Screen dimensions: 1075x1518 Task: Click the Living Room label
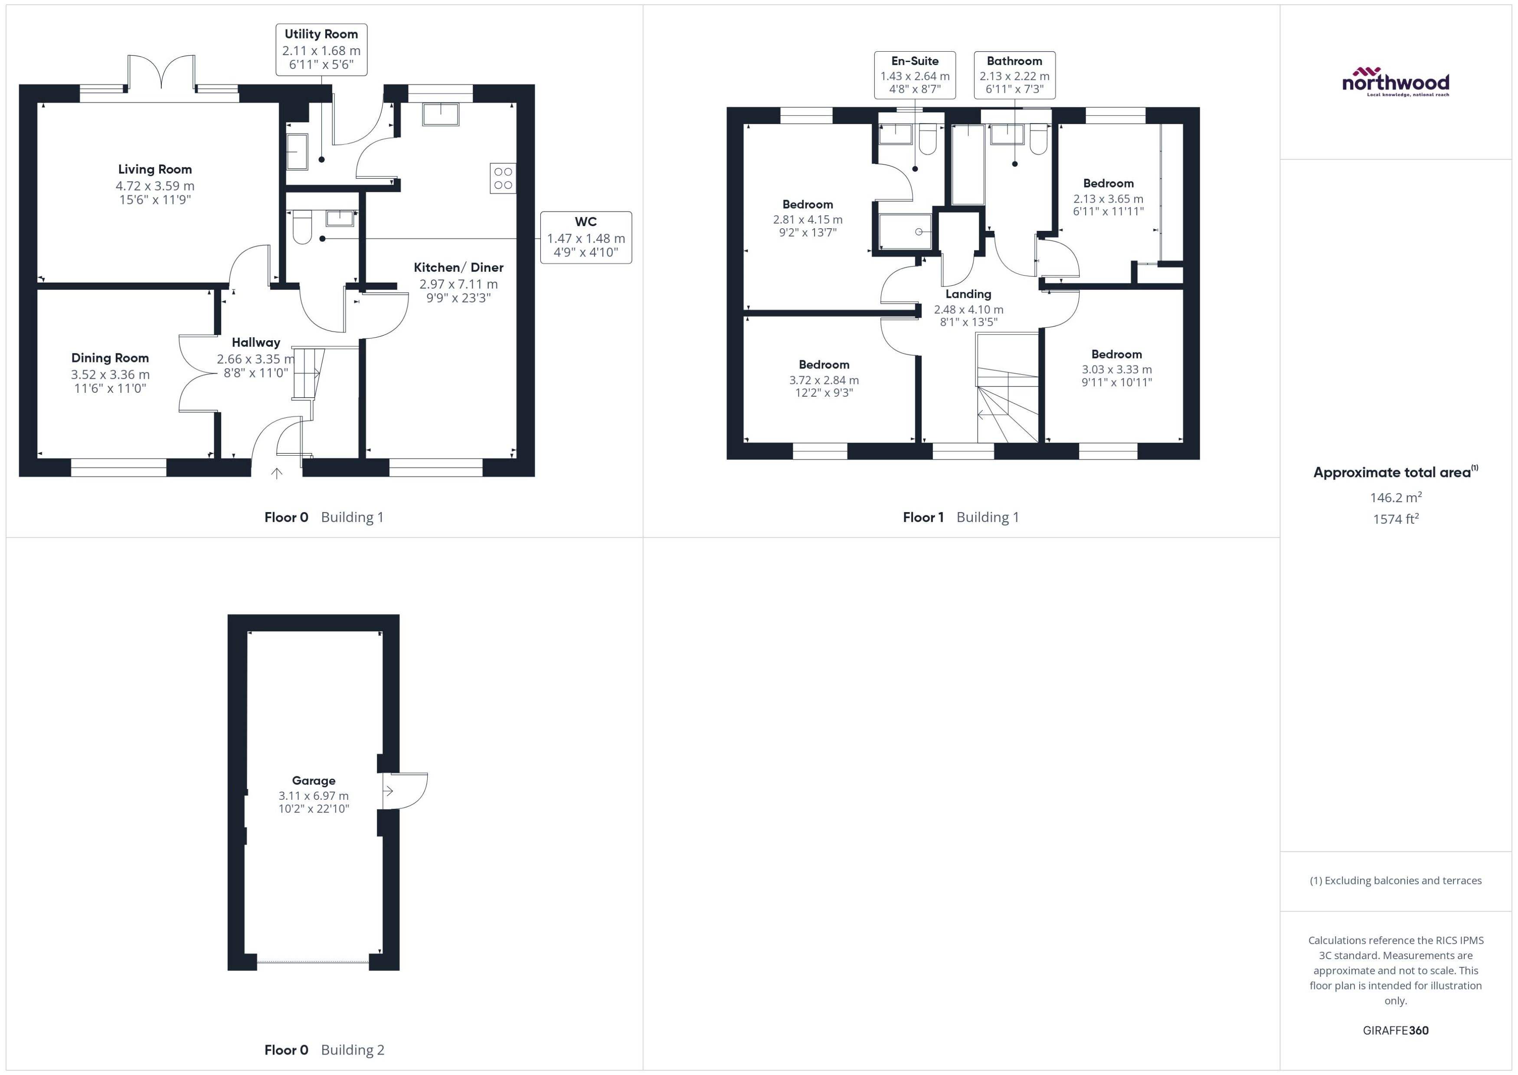[155, 169]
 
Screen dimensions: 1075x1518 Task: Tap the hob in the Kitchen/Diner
[503, 178]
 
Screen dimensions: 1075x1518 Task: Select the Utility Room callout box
[321, 49]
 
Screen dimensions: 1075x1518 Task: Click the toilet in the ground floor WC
[302, 227]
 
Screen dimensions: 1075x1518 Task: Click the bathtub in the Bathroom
[968, 164]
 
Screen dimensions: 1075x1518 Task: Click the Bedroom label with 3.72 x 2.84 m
[824, 365]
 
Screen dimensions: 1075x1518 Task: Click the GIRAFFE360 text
[1396, 1031]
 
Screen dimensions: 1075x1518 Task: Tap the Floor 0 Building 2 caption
[324, 1050]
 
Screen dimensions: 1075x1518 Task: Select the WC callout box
[586, 238]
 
